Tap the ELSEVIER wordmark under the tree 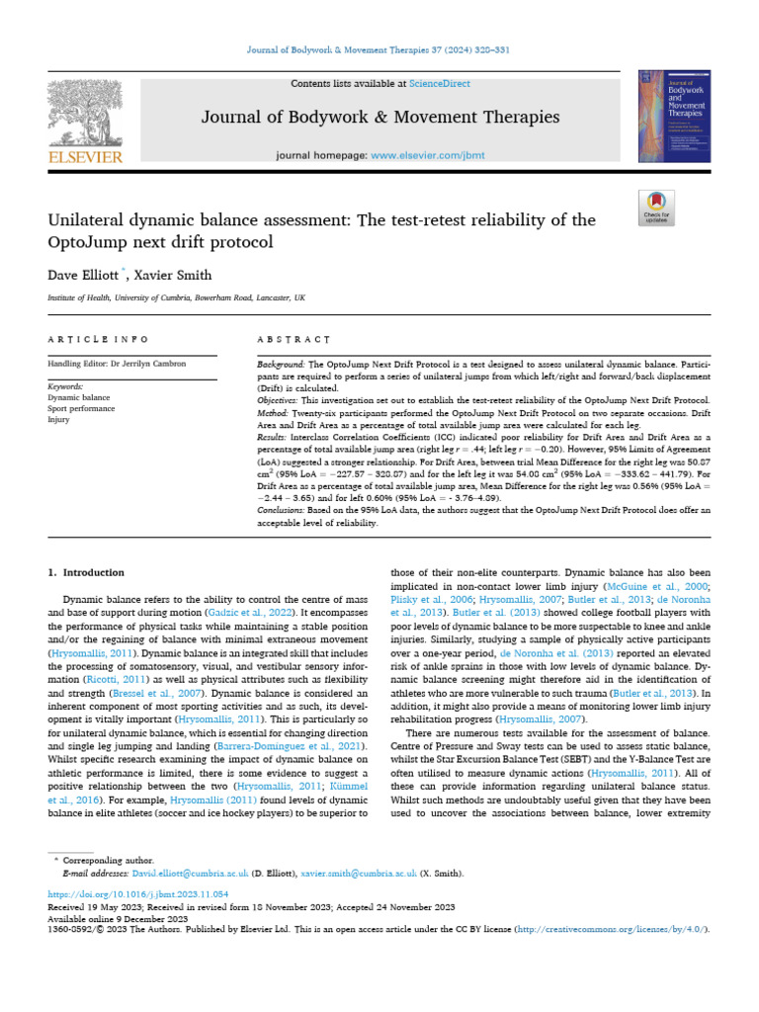point(85,157)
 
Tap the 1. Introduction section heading point(87,572)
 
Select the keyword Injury point(59,418)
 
